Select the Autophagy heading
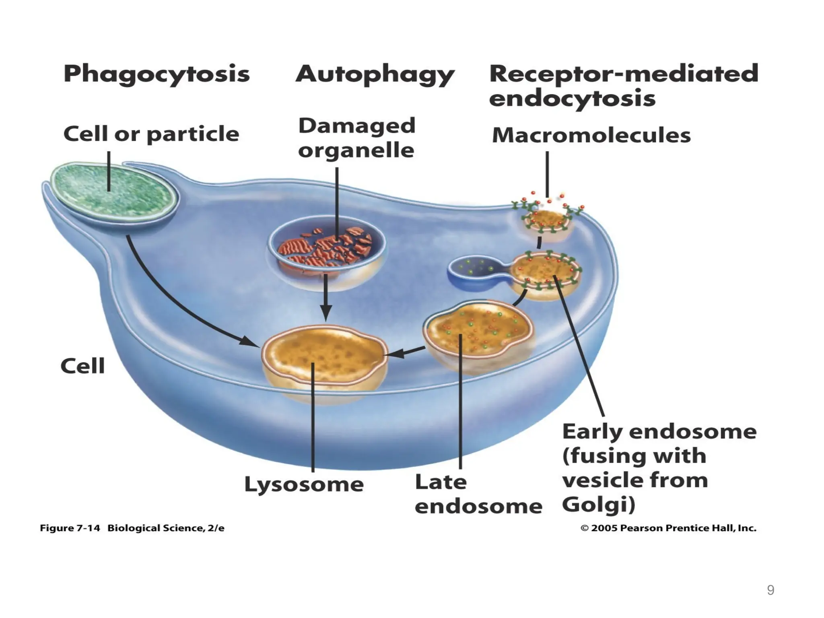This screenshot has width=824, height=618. coord(375,75)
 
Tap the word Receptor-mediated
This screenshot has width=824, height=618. coord(623,74)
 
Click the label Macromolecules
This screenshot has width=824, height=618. coord(591,136)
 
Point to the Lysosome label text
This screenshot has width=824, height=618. coord(304,484)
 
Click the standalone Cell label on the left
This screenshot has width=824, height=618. coord(82,366)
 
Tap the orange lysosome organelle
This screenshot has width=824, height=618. coord(324,354)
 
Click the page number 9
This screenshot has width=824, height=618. coord(770,590)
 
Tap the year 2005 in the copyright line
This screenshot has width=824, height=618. coord(604,528)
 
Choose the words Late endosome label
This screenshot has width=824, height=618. coord(478,494)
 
